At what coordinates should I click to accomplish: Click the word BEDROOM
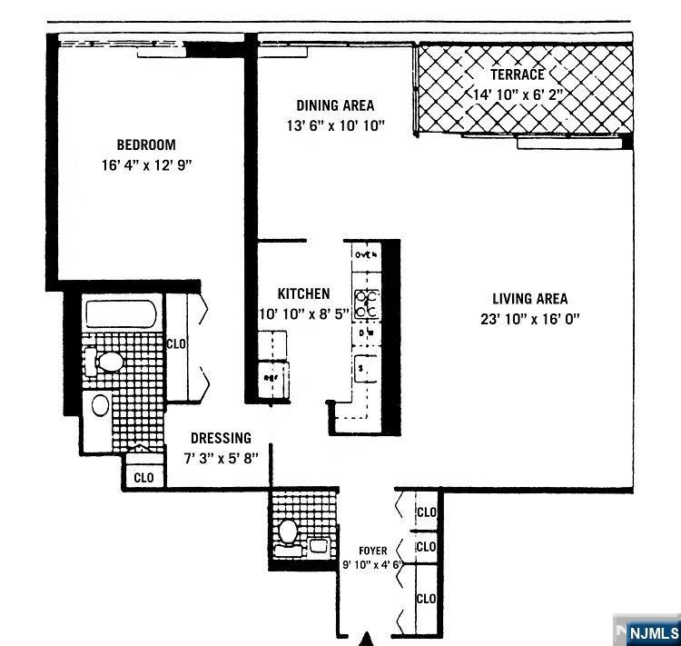click(x=145, y=144)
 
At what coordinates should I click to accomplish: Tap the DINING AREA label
click(x=334, y=105)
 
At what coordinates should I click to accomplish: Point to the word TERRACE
click(x=518, y=75)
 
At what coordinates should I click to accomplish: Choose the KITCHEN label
click(x=303, y=293)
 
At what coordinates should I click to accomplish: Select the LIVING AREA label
click(x=530, y=299)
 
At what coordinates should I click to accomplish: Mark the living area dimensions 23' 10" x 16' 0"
click(x=530, y=319)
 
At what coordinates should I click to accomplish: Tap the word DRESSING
click(x=221, y=438)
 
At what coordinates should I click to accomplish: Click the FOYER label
click(x=372, y=551)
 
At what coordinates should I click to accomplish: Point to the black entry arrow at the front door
click(x=368, y=637)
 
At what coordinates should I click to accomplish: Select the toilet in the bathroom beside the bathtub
click(x=106, y=363)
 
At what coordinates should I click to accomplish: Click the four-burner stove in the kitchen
click(x=366, y=304)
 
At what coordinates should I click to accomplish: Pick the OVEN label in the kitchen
click(x=366, y=255)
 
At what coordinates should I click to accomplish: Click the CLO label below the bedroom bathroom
click(x=143, y=477)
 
